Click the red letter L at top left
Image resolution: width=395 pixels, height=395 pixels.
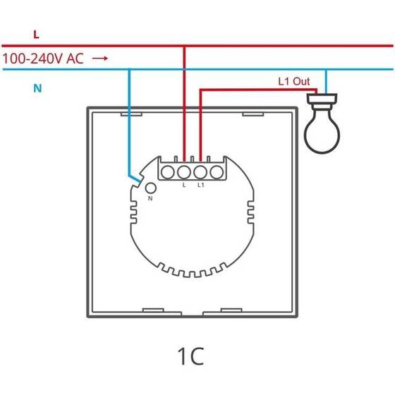(x=36, y=33)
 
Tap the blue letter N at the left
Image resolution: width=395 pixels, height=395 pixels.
(x=37, y=89)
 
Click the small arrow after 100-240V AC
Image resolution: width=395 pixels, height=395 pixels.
(x=100, y=59)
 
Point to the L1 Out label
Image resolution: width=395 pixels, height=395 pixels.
(x=293, y=82)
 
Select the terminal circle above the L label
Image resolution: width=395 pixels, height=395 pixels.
(x=184, y=171)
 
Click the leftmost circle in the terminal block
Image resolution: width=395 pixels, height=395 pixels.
(x=169, y=171)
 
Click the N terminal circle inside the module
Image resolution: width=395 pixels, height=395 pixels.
(x=151, y=187)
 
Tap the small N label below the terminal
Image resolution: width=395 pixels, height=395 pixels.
(x=150, y=200)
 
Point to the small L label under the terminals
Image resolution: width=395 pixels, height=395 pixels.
(x=184, y=186)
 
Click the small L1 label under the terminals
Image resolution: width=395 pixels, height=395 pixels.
(x=201, y=186)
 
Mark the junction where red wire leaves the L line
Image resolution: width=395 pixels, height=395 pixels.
(x=184, y=47)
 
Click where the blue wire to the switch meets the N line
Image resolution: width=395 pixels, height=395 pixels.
(x=129, y=70)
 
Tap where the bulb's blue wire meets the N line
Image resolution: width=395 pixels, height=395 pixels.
(x=325, y=70)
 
